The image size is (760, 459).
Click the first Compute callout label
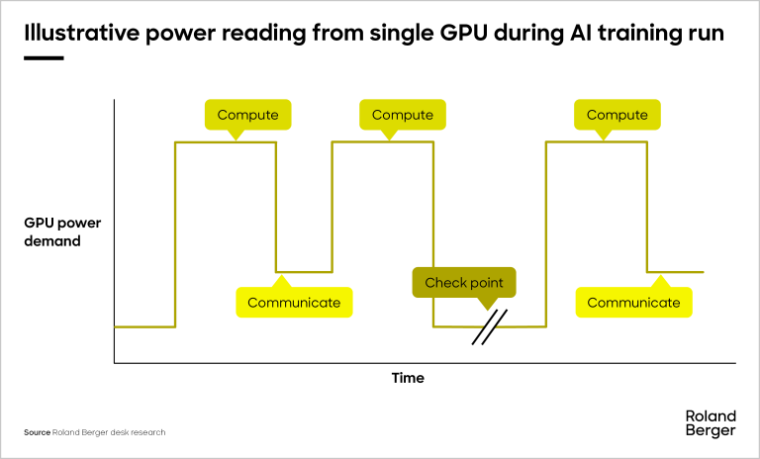pyautogui.click(x=247, y=115)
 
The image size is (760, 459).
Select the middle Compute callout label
pyautogui.click(x=403, y=115)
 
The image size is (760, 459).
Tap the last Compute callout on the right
pyautogui.click(x=617, y=115)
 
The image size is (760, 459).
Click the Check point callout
pyautogui.click(x=464, y=283)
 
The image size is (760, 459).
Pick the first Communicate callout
pyautogui.click(x=294, y=303)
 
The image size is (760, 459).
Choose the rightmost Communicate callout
pyautogui.click(x=634, y=303)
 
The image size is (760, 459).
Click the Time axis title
pyautogui.click(x=408, y=378)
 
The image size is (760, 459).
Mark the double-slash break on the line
pyautogui.click(x=489, y=327)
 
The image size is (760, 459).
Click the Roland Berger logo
pyautogui.click(x=710, y=422)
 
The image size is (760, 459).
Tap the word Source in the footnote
pyautogui.click(x=37, y=432)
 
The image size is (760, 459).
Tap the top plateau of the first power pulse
pyautogui.click(x=226, y=142)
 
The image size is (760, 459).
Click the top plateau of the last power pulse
pyautogui.click(x=597, y=142)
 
